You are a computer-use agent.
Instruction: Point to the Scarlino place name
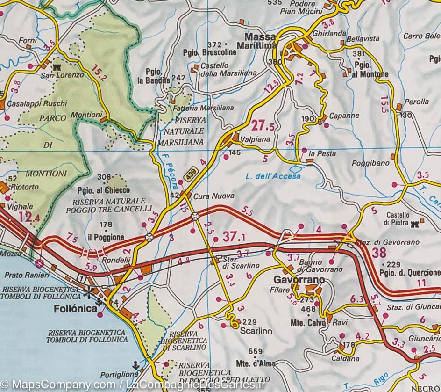(256, 331)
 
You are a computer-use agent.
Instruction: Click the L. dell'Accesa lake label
(273, 176)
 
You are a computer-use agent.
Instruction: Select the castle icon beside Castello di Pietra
(414, 224)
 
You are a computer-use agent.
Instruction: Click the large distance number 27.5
(263, 126)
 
